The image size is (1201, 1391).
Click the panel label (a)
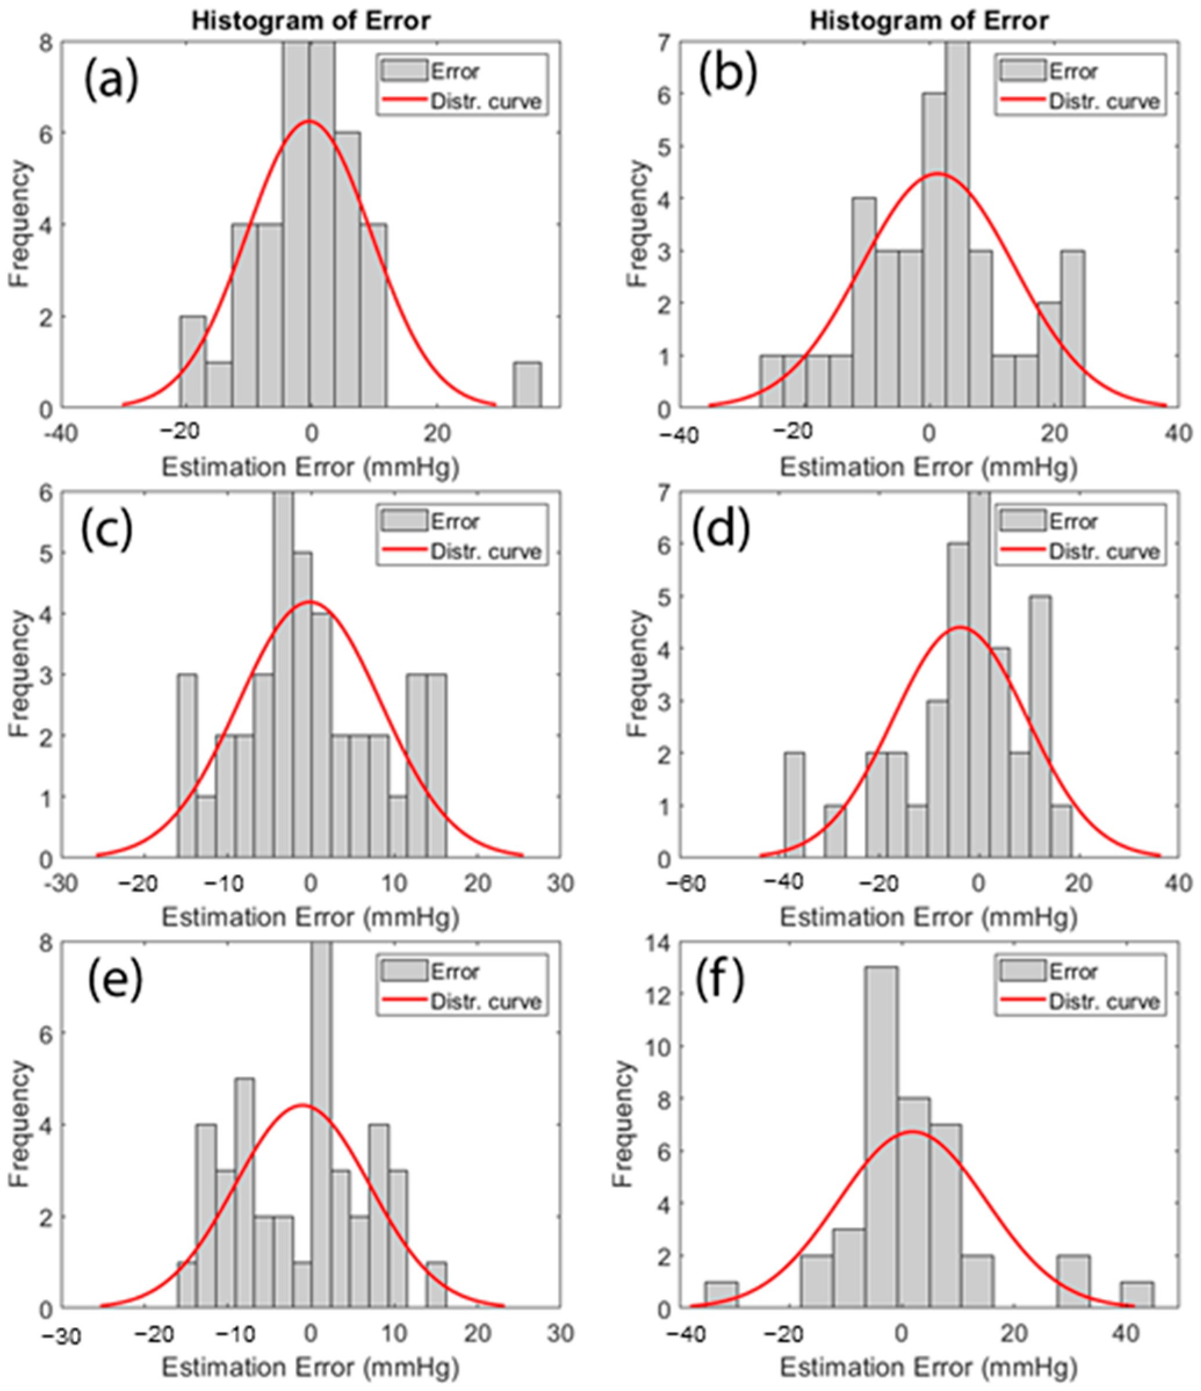tap(111, 79)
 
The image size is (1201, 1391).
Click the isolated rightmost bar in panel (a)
tap(528, 385)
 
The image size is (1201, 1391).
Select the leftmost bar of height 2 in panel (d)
tap(794, 806)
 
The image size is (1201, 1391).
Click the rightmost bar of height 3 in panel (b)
tap(1073, 329)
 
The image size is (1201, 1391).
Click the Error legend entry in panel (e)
tap(455, 971)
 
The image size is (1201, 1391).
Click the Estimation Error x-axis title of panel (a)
tap(310, 467)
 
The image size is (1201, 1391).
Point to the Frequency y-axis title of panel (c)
tap(20, 675)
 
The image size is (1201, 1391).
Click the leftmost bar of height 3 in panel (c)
tap(187, 766)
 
